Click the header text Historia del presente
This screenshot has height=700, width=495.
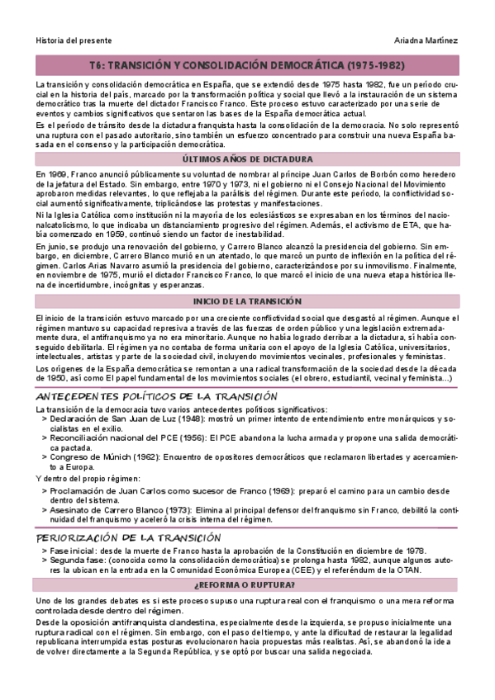pos(74,40)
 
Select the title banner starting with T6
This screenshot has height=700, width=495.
pos(247,64)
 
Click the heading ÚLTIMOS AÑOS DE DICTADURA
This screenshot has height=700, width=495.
pos(247,158)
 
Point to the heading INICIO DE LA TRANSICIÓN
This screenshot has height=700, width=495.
pos(247,301)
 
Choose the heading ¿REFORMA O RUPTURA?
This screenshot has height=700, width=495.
pos(247,584)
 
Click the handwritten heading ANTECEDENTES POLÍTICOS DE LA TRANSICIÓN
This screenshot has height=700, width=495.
pos(156,396)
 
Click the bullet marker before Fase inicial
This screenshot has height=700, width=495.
pos(44,551)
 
